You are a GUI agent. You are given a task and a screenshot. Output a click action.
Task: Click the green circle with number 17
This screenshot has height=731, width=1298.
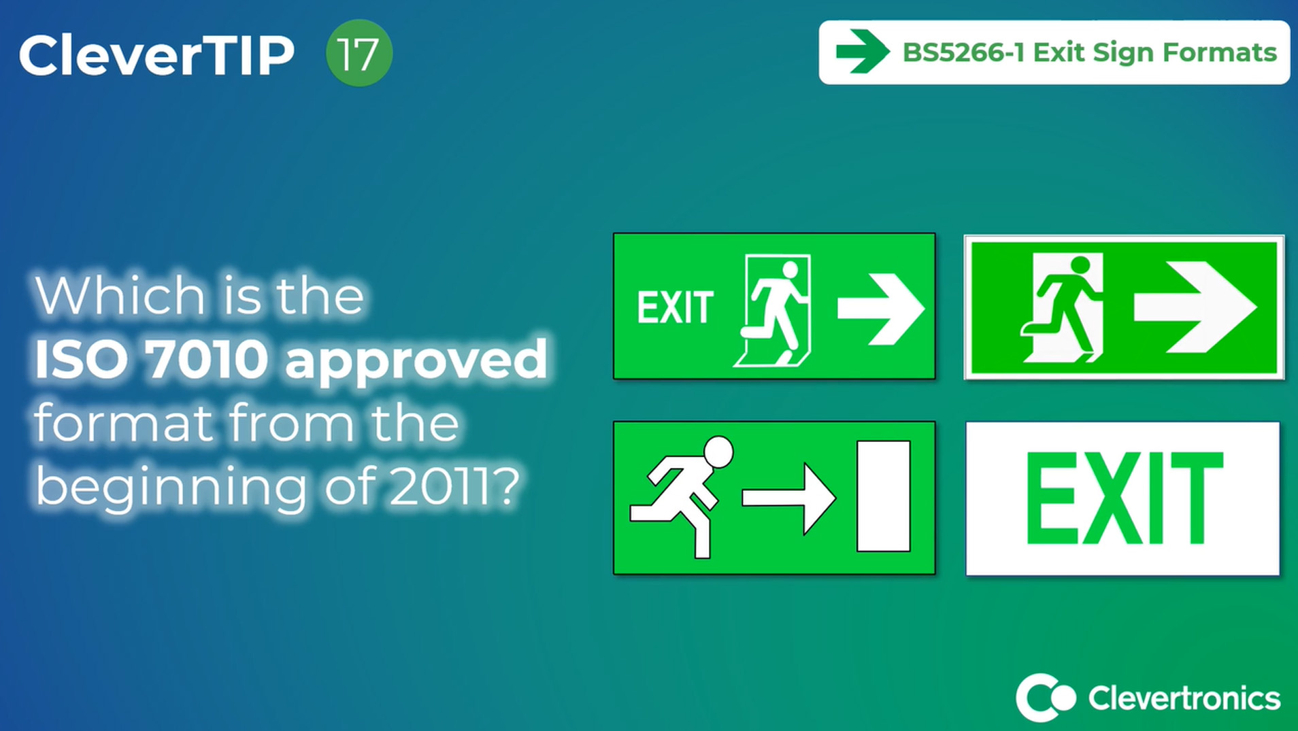click(359, 53)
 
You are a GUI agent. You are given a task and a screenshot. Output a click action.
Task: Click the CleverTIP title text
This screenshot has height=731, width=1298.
click(156, 55)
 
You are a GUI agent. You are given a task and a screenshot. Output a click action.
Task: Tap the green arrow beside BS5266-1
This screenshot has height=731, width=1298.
click(863, 51)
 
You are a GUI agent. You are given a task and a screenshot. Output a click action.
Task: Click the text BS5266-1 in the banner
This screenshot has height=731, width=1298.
click(963, 52)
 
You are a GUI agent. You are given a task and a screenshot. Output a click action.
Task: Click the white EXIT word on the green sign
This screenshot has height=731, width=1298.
click(675, 308)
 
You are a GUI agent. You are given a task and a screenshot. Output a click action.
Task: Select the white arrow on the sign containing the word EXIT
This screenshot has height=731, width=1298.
click(881, 309)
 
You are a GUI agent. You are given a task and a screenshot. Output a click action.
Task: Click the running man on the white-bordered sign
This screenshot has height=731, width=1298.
click(1063, 307)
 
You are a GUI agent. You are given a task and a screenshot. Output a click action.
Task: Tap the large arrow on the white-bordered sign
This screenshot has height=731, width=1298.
click(1195, 307)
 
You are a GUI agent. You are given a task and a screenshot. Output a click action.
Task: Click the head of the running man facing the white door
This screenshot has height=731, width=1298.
click(718, 452)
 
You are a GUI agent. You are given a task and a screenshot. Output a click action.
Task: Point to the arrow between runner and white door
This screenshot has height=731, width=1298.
click(789, 498)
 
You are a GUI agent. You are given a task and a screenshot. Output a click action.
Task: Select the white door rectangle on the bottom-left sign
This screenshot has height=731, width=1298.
click(884, 496)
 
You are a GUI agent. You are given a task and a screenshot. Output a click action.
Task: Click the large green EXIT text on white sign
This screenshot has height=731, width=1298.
click(1124, 498)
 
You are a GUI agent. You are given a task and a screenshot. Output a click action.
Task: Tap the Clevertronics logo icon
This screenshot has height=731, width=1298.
click(1045, 698)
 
